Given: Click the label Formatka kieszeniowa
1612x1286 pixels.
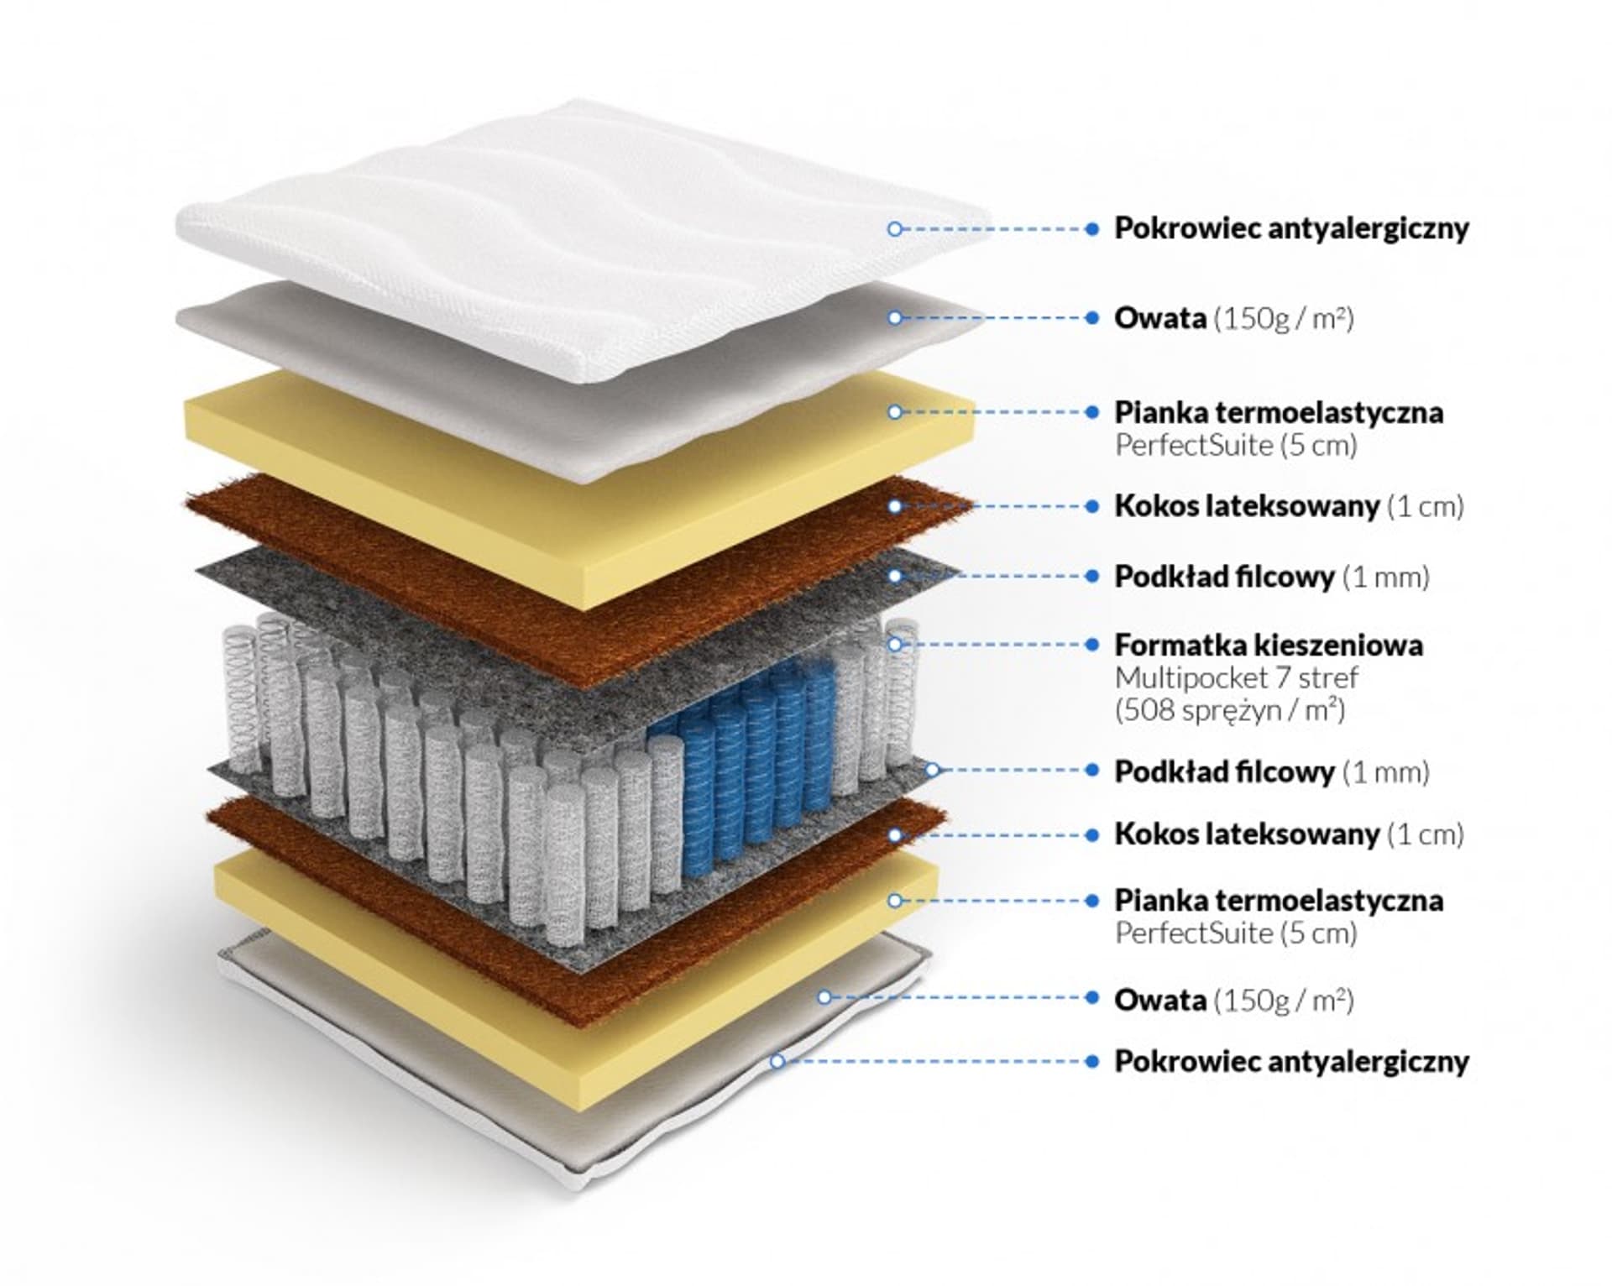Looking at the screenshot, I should coord(1268,646).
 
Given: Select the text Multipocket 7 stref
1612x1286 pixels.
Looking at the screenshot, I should coord(1236,678).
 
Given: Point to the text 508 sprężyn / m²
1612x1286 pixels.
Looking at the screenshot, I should coord(1230,711).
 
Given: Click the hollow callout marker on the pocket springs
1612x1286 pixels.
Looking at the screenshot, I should coord(895,645).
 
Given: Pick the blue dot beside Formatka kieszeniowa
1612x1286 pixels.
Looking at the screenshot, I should coord(1092,645).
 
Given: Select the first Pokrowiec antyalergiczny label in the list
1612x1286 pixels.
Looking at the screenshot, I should coord(1291,228).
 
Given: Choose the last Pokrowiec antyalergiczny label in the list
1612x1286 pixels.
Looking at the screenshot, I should coord(1291,1062).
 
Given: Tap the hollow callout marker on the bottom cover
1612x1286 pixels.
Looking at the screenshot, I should coord(777,1062).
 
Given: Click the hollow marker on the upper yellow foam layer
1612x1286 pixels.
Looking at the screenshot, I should coord(895,412).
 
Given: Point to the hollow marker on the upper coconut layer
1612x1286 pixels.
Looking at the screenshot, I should coord(895,506).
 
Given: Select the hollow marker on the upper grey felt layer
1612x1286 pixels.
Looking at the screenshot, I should coord(895,577).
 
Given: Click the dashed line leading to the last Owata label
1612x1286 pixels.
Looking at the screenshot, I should coord(957,998).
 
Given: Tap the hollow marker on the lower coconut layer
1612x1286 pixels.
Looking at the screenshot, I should coord(895,835).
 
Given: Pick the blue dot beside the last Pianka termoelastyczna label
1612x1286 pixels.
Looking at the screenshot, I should coord(1092,901).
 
